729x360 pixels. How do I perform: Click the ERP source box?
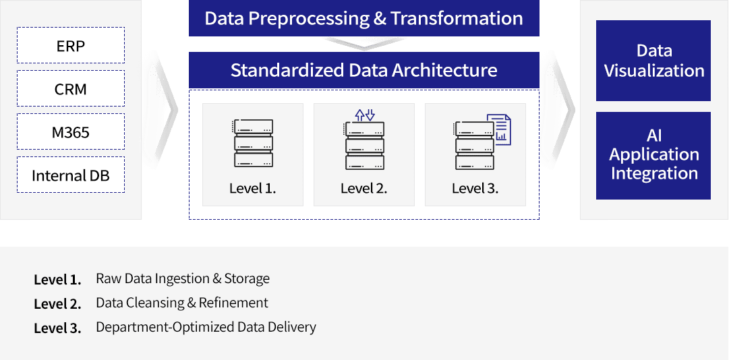[x=71, y=45]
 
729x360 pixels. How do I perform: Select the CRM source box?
[x=71, y=88]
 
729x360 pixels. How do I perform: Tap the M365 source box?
[x=71, y=131]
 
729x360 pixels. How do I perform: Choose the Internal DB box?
[x=71, y=175]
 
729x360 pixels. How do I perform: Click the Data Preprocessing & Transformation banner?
[x=363, y=18]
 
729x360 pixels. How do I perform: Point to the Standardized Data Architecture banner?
[x=363, y=70]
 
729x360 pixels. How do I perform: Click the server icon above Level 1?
[x=253, y=143]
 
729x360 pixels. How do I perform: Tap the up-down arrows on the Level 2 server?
[x=364, y=115]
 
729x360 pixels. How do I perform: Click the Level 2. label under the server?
[x=363, y=189]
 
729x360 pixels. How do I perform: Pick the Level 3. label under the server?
[x=475, y=189]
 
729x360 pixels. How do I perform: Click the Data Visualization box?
[x=653, y=61]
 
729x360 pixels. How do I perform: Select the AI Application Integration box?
[x=653, y=155]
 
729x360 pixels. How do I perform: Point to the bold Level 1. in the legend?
[x=57, y=280]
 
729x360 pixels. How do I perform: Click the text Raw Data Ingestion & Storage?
[x=183, y=278]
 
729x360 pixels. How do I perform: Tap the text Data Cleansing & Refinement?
[x=182, y=303]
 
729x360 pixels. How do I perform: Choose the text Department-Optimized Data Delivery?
[x=206, y=327]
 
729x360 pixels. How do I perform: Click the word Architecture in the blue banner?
[x=444, y=70]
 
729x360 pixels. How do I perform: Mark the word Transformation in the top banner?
[x=457, y=18]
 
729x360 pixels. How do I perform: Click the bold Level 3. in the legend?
[x=57, y=328]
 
